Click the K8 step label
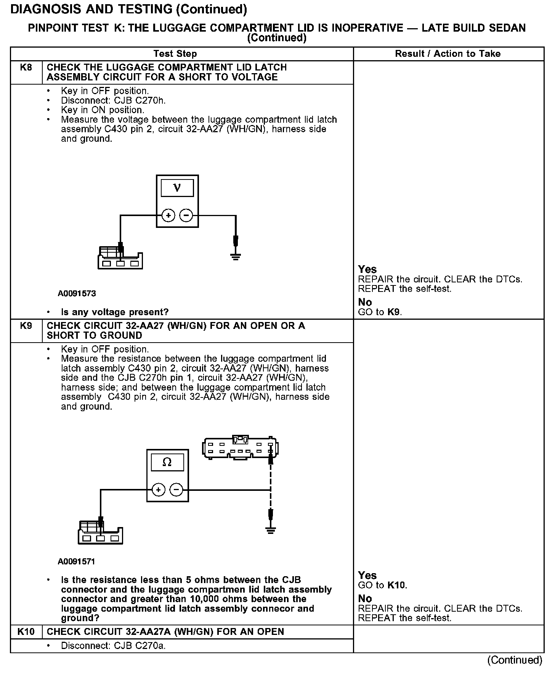click(x=26, y=68)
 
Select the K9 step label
click(x=26, y=326)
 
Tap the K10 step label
click(x=26, y=632)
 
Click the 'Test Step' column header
click(x=175, y=54)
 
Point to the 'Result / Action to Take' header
click(x=448, y=54)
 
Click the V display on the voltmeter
click(x=177, y=188)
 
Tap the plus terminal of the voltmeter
click(x=168, y=216)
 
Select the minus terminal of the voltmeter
click(x=186, y=216)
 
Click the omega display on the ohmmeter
click(x=167, y=462)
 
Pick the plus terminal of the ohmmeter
click(x=158, y=490)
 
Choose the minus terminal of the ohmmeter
click(x=176, y=490)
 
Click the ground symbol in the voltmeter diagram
click(x=236, y=257)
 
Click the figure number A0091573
click(x=77, y=294)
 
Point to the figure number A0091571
click(x=77, y=561)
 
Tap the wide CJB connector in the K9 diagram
click(x=240, y=448)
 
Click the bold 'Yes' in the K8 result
click(x=367, y=269)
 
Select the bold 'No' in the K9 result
click(x=365, y=599)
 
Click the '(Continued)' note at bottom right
click(x=515, y=660)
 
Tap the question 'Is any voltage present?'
click(x=115, y=312)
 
